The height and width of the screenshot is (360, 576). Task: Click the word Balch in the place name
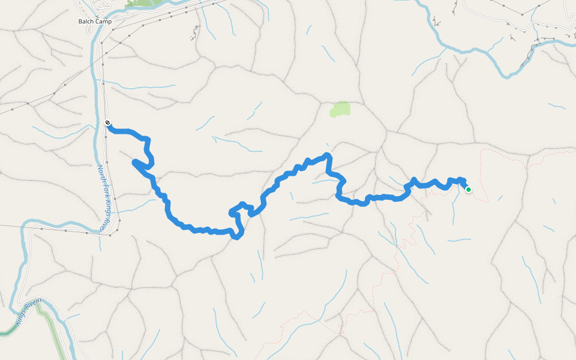tap(86, 22)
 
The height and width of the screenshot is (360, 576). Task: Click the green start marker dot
tap(468, 190)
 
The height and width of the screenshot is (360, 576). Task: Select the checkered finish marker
tap(107, 123)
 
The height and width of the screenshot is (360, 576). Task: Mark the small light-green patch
tap(340, 109)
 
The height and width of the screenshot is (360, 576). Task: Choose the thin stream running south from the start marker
tap(454, 210)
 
